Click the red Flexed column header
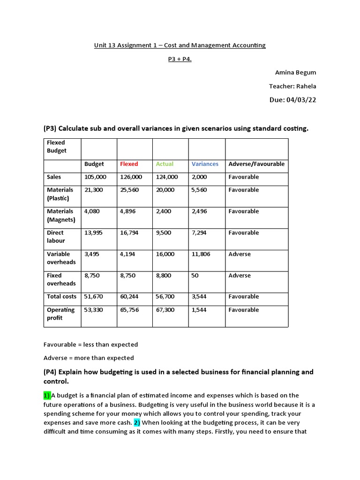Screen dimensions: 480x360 129,164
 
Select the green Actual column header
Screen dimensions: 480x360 165,164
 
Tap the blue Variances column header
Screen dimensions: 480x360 205,164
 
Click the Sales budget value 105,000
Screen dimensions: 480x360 95,177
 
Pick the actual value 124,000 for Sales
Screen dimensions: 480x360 167,177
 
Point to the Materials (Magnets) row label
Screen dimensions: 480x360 60,216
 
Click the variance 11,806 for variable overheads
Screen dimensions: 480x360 201,254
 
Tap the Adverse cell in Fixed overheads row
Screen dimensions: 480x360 240,276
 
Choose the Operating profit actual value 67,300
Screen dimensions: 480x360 165,310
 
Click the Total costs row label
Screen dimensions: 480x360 61,297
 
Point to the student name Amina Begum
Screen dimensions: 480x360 295,73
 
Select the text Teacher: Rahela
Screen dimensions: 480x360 292,86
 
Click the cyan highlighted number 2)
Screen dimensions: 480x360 137,423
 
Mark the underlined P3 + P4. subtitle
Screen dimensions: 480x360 180,60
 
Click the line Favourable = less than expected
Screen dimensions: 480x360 90,345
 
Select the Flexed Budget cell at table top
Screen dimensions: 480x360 57,147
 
